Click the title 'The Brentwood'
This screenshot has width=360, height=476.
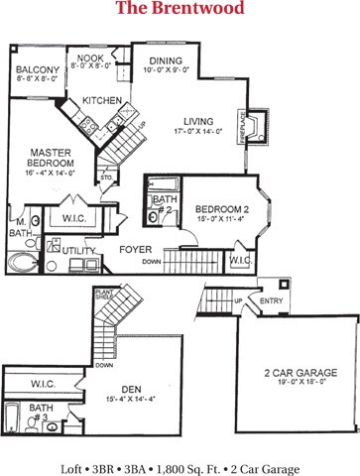(x=180, y=10)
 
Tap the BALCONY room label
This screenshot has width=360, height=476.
(x=38, y=70)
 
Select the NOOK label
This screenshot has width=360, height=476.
(x=91, y=59)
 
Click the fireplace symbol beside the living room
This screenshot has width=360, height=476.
(x=257, y=126)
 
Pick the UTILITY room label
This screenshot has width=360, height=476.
(x=77, y=253)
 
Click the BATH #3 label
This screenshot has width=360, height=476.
(x=42, y=411)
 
